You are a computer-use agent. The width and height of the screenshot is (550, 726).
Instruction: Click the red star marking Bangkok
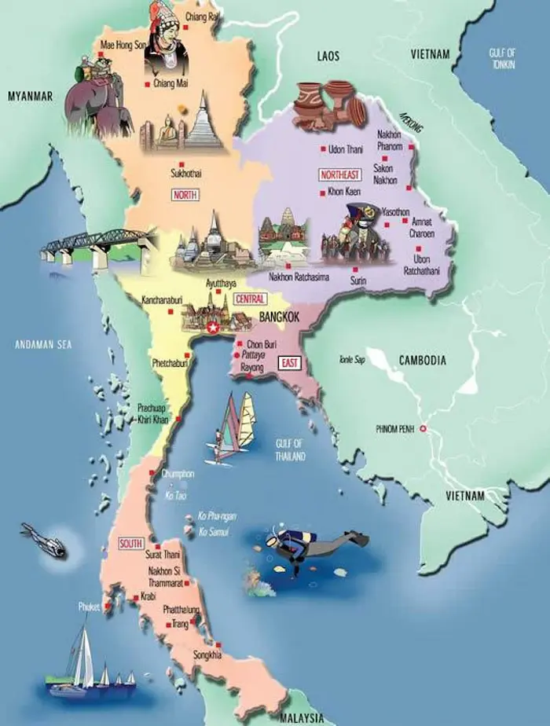212,328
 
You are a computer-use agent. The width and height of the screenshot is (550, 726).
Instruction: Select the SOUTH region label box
130,543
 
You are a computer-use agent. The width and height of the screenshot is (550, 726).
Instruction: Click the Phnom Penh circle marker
423,429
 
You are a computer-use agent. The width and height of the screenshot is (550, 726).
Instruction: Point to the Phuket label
89,607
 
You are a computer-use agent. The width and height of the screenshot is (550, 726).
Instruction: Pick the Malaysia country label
302,717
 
